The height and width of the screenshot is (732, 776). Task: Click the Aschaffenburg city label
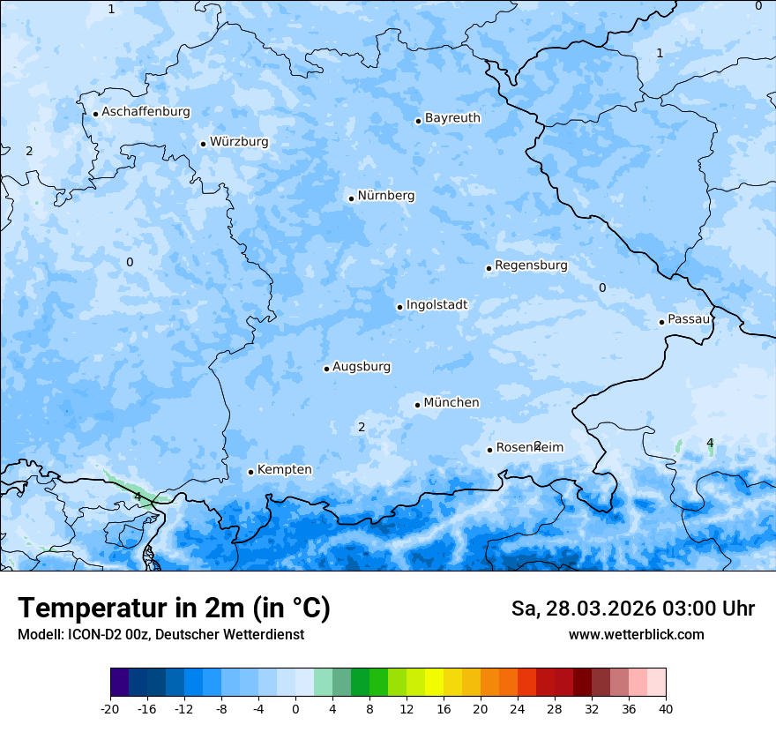pyautogui.click(x=145, y=112)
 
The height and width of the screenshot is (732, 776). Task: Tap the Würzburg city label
pyautogui.click(x=239, y=142)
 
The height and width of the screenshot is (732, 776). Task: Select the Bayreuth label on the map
pyautogui.click(x=452, y=118)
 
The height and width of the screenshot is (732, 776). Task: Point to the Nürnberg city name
pyautogui.click(x=385, y=196)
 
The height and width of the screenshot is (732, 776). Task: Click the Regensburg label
pyautogui.click(x=531, y=265)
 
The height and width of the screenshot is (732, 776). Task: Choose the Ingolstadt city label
pyautogui.click(x=436, y=305)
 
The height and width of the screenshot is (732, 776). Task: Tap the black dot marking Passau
pyautogui.click(x=661, y=322)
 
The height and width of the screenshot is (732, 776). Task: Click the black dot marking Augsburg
pyautogui.click(x=326, y=369)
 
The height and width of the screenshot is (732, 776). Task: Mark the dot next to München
pyautogui.click(x=417, y=405)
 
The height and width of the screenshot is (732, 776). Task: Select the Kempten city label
pyautogui.click(x=284, y=470)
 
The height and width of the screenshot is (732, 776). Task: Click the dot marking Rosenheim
pyautogui.click(x=489, y=450)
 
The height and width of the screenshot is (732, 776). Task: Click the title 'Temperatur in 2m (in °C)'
pyautogui.click(x=174, y=608)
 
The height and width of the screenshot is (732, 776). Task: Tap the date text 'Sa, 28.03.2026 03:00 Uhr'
pyautogui.click(x=632, y=609)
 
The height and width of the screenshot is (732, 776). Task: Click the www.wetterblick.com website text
pyautogui.click(x=636, y=635)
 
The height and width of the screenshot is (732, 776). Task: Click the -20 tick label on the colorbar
pyautogui.click(x=110, y=709)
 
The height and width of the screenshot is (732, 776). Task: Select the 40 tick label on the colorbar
pyautogui.click(x=666, y=709)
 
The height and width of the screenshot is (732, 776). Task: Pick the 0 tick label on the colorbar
pyautogui.click(x=295, y=709)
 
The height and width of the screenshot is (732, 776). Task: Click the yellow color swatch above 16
pyautogui.click(x=434, y=683)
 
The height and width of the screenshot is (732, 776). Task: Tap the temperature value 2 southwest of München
pyautogui.click(x=362, y=428)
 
